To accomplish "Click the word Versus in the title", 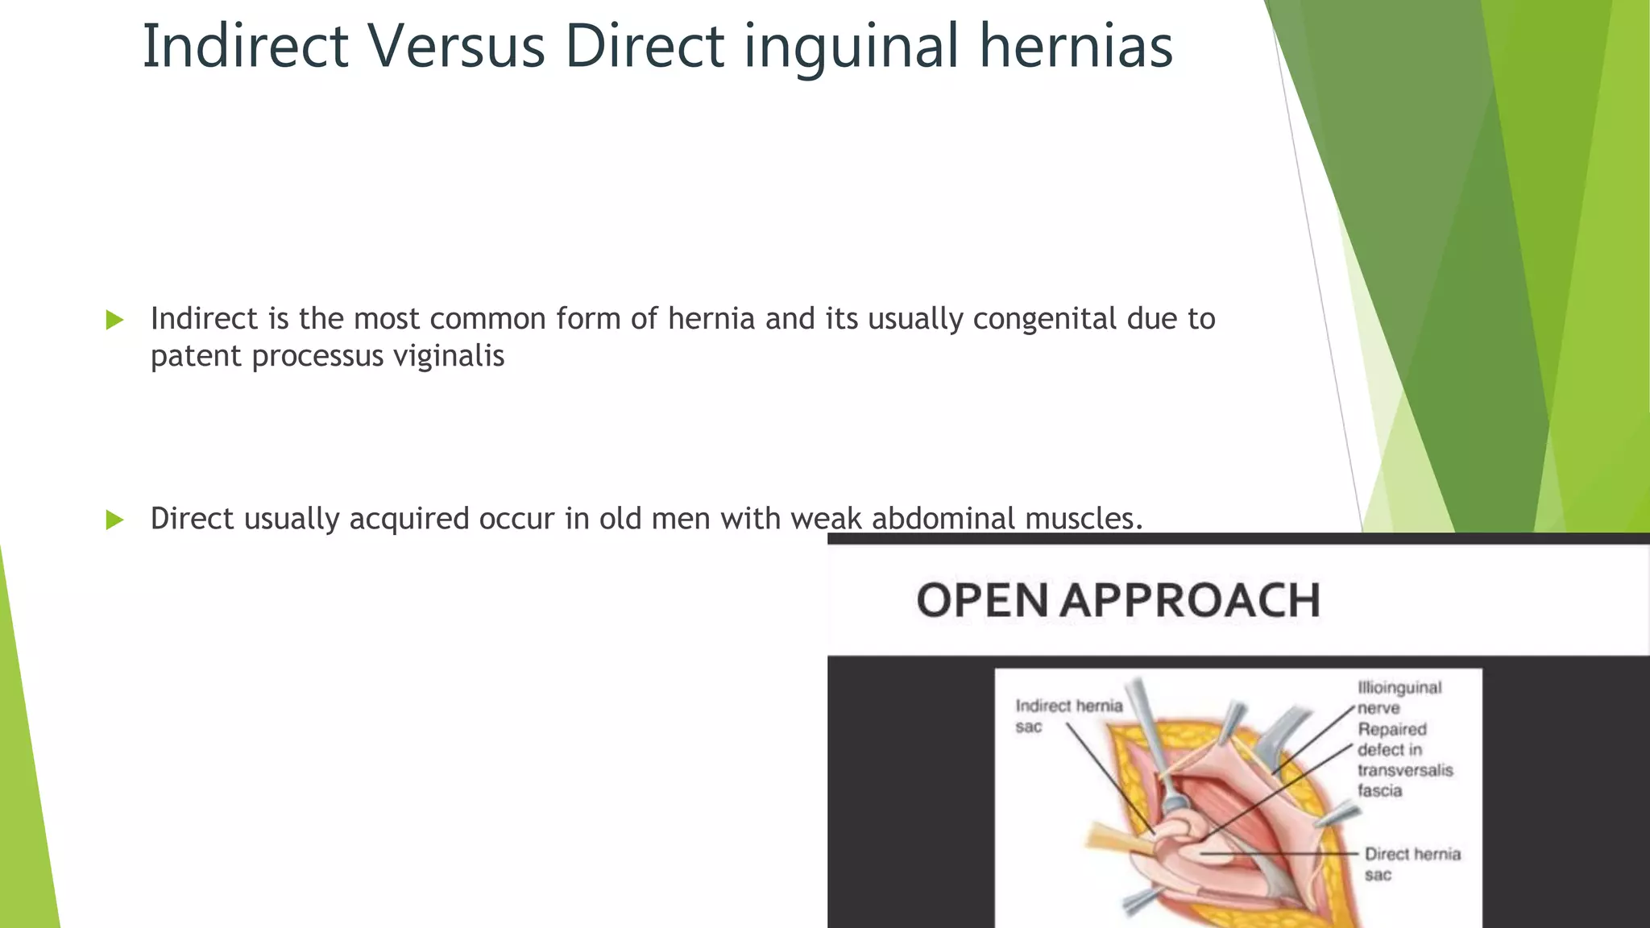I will pos(457,47).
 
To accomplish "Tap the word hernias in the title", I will pos(1076,47).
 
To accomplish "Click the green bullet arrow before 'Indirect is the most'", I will pos(115,320).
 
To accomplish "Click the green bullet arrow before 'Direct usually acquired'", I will pos(115,520).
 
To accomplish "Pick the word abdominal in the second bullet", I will pos(943,519).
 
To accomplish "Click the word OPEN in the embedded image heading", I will pos(982,601).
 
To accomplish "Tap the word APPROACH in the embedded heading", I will pos(1190,601).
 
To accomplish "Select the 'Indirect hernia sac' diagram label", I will pos(1068,716).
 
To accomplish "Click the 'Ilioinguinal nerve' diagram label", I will pos(1399,698).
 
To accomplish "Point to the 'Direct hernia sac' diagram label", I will pos(1412,864).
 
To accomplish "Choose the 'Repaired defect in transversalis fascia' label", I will pos(1404,760).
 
